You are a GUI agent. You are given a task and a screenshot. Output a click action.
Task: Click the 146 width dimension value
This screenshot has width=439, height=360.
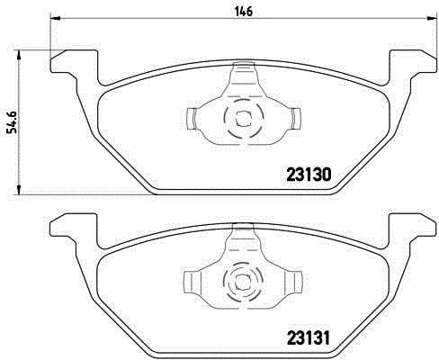click(244, 12)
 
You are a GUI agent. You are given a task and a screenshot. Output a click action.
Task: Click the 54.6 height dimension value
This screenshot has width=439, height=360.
click(13, 122)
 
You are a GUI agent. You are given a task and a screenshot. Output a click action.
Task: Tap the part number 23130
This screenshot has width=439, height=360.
click(309, 175)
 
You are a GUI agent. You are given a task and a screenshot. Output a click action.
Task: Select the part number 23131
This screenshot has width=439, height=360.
click(309, 338)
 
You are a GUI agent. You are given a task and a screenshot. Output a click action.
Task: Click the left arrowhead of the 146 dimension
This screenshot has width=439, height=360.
click(56, 19)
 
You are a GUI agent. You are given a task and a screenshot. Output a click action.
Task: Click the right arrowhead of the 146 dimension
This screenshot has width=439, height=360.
click(431, 19)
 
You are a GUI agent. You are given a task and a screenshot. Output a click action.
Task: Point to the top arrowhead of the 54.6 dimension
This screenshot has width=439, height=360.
click(19, 56)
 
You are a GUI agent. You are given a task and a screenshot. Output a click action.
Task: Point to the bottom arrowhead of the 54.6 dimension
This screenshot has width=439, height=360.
click(19, 189)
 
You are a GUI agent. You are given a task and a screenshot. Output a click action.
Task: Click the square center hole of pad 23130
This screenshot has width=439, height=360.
click(244, 119)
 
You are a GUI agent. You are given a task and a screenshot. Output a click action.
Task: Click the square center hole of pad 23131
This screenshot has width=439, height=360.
click(243, 282)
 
